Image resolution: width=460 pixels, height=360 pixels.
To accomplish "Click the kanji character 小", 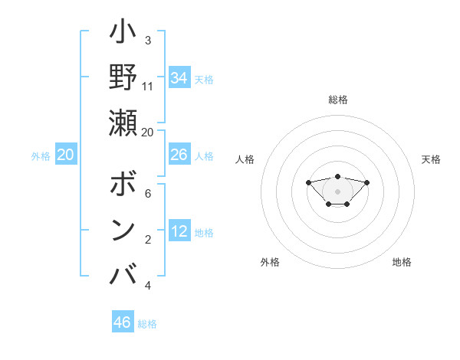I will tap(123, 34).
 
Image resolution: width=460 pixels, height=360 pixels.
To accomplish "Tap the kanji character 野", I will tap(123, 77).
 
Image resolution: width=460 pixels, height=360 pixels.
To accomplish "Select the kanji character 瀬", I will tap(123, 122).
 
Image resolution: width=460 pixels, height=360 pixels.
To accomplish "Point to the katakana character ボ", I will tap(123, 185).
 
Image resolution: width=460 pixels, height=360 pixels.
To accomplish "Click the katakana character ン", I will tap(123, 229).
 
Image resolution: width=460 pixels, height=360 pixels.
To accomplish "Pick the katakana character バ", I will tap(123, 273).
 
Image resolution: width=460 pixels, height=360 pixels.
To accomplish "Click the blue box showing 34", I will tap(179, 78).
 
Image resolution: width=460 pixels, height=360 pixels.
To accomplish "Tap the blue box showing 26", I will tap(179, 155).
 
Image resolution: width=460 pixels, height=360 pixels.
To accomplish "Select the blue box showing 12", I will tap(179, 231).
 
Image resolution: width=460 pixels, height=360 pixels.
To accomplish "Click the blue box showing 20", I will tap(66, 155).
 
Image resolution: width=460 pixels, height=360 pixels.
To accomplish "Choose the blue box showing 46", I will tap(123, 322).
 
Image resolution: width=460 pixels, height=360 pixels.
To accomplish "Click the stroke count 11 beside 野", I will tap(148, 86).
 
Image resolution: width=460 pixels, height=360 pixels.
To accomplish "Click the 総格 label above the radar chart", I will tap(338, 100).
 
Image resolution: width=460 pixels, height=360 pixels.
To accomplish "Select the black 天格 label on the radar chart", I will tap(432, 159).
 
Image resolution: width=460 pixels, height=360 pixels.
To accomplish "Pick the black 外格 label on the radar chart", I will tap(270, 262).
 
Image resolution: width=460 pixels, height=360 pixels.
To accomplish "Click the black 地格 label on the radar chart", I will tap(402, 262).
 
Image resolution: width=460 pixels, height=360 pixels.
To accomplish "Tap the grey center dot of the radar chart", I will tap(337, 191).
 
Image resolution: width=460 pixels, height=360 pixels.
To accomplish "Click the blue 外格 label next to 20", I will tap(41, 156).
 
